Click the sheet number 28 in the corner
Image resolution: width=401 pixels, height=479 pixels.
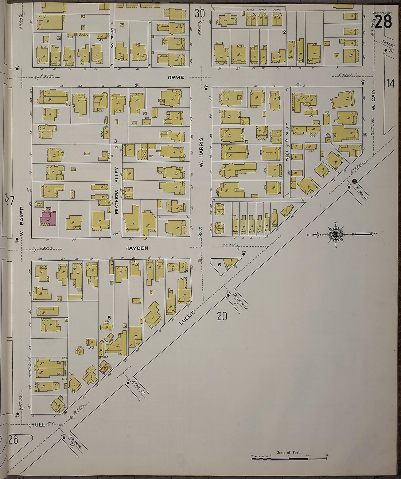coord(383,22)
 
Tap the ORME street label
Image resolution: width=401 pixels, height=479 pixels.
coord(176,77)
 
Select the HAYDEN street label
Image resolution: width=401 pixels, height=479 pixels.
coord(137,248)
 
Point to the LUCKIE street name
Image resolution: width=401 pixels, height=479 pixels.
coord(188,317)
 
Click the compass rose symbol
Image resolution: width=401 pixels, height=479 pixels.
coord(335,234)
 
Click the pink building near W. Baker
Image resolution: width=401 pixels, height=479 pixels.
coord(48,217)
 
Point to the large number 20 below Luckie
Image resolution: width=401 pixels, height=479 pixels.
coord(222,316)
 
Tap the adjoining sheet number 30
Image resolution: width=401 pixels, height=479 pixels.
coord(199,13)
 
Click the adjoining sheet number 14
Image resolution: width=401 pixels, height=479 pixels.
coord(390,83)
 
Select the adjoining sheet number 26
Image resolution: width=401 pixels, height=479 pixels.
coord(13,440)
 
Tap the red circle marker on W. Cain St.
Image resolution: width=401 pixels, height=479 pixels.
coord(354,181)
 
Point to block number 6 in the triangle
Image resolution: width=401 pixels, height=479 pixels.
coord(219,264)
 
